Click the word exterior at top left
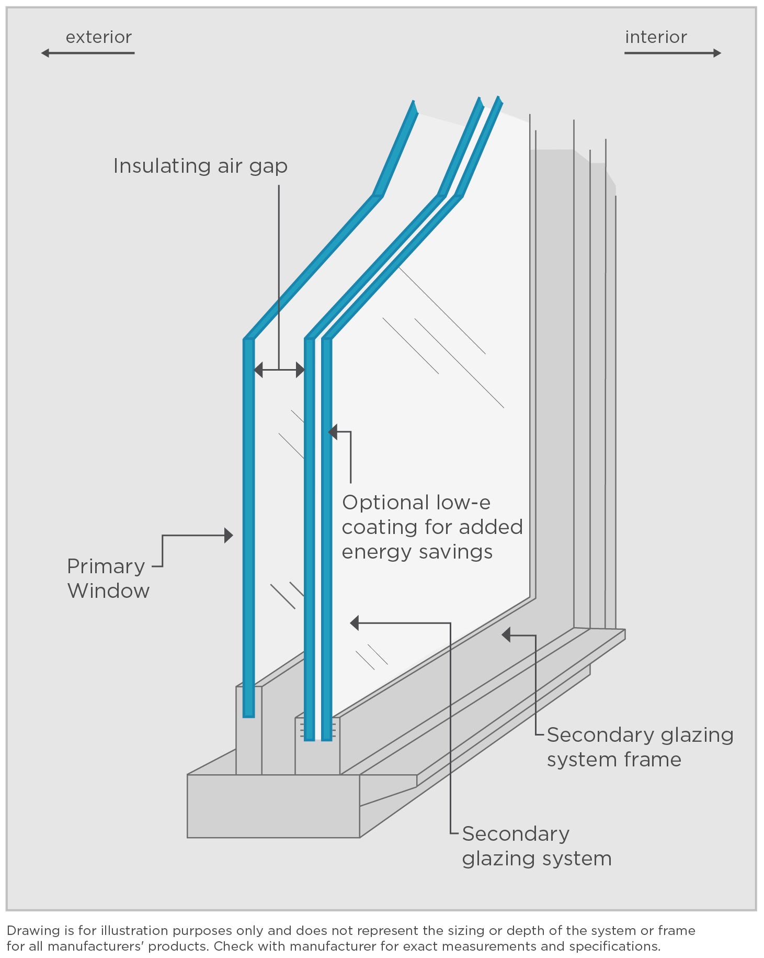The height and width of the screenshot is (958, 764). tap(98, 37)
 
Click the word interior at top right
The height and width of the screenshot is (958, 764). tap(656, 37)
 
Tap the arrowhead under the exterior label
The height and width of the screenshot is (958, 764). tap(45, 53)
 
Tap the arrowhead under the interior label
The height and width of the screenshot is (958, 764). tap(717, 53)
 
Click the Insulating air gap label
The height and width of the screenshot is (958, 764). tap(200, 166)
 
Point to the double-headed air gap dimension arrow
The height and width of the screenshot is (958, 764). tap(279, 370)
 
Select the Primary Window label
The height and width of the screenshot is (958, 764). tap(108, 578)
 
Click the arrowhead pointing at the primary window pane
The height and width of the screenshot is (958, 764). tap(229, 535)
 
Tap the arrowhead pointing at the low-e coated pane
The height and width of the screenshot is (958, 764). tap(333, 432)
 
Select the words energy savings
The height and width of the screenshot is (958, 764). tap(417, 552)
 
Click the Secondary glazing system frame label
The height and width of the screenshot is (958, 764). tap(639, 747)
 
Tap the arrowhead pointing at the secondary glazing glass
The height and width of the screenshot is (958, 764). tap(355, 622)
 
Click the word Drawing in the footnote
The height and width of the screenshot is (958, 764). tap(33, 930)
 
